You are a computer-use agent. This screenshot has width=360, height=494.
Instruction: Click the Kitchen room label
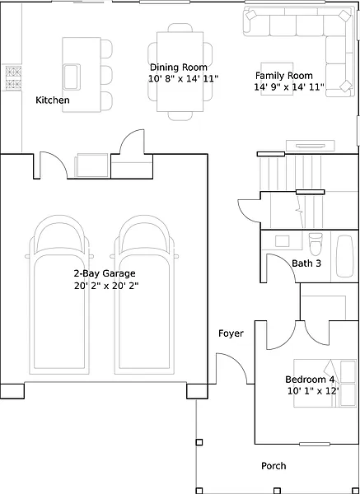point(53,100)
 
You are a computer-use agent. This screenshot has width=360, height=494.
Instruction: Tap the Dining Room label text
point(179,68)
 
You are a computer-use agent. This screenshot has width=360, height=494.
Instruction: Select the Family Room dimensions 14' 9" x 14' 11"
point(289,87)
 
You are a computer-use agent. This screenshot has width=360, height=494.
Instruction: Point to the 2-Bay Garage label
point(105,273)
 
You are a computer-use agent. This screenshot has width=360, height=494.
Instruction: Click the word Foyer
point(231,333)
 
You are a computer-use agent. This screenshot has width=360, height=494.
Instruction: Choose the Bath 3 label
point(306,263)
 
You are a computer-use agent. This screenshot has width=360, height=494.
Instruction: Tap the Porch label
point(274,466)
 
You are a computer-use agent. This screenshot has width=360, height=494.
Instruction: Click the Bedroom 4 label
point(310,380)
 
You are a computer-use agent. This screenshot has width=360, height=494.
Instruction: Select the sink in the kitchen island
point(72,77)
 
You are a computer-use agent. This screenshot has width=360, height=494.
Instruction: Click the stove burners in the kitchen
point(13,78)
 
